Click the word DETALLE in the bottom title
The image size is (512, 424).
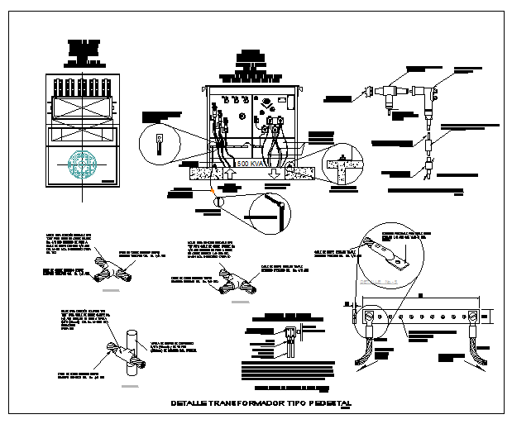pos(189,403)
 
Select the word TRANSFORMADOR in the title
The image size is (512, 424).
pos(248,403)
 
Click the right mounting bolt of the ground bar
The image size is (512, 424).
pos(473,316)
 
